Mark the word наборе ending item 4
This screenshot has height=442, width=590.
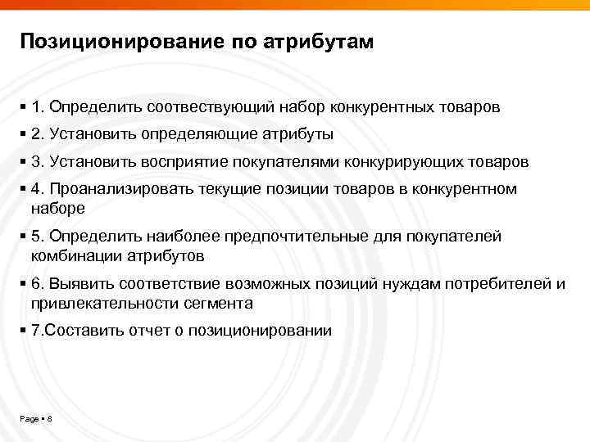(57, 208)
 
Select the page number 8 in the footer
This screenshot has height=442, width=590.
(50, 419)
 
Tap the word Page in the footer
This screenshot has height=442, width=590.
(29, 419)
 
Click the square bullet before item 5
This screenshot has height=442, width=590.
(23, 237)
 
